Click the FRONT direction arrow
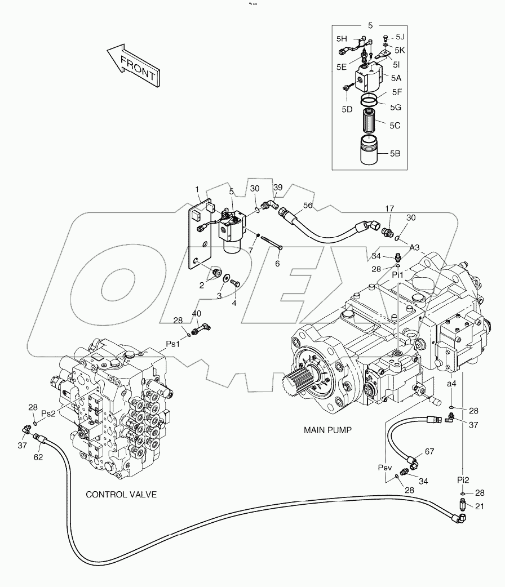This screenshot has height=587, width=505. pos(132,67)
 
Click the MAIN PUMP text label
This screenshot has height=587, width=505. pos(327,430)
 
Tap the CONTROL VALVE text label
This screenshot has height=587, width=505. pos(121,495)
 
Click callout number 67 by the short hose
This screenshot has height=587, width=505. pos(429,451)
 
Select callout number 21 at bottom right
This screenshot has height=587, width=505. pos(480,506)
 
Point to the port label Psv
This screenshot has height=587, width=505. pos(385,468)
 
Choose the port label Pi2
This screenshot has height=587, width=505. pos(463,479)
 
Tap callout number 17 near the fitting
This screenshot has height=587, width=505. pos(388,209)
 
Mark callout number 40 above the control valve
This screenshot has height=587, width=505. pos(196,314)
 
